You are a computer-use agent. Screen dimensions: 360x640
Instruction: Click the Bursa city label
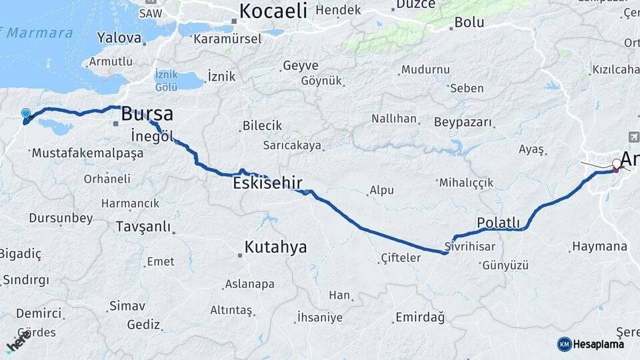(147, 114)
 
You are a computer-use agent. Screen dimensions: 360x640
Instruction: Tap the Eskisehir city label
(267, 183)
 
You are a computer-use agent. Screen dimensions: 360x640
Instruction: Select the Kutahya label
(275, 247)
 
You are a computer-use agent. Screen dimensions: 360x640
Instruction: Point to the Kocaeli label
(273, 11)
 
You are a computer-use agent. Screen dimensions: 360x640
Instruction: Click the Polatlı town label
(498, 222)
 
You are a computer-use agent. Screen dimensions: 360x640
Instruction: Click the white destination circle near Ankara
(617, 163)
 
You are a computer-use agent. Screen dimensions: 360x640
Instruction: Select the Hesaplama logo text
(599, 344)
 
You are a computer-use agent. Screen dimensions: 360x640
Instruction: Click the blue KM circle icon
(564, 344)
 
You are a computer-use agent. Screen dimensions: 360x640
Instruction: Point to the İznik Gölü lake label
(166, 81)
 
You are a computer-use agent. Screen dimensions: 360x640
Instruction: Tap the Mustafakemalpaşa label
(87, 153)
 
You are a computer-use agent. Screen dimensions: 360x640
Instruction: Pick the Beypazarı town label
(463, 123)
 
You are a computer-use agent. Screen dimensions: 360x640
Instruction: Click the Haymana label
(599, 247)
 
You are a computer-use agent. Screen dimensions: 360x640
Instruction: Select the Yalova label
(119, 37)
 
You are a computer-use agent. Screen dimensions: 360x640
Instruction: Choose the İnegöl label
(153, 135)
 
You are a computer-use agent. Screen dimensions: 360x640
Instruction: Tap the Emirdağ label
(420, 317)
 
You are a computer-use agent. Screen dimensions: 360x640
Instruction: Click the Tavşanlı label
(143, 227)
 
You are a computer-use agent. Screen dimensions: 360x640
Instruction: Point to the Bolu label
(469, 22)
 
